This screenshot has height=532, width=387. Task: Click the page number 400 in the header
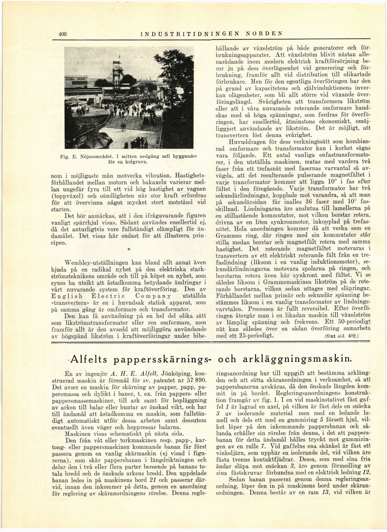coord(62,34)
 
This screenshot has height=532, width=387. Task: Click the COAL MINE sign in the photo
coord(76,79)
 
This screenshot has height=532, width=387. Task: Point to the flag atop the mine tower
coord(119,56)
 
